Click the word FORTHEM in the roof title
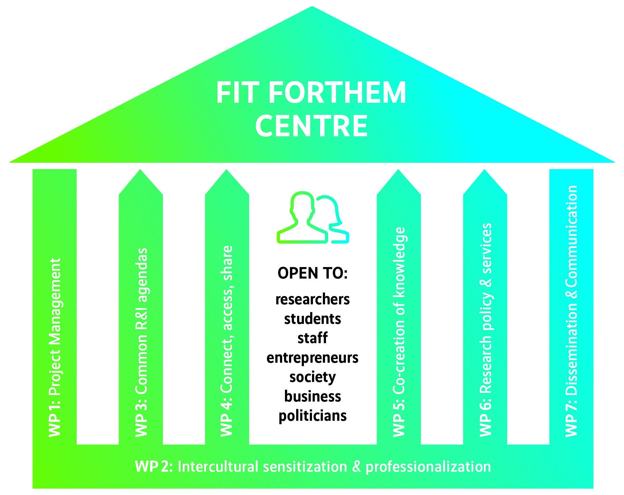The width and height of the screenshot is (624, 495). [x=337, y=93]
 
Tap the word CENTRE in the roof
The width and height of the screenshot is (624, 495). [x=312, y=126]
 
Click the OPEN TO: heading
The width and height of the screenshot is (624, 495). [x=312, y=273]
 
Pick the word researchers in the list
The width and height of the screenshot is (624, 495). [x=312, y=299]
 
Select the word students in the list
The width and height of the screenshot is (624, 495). [x=312, y=319]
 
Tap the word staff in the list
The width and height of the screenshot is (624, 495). [x=312, y=338]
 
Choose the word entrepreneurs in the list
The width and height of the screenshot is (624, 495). [x=312, y=358]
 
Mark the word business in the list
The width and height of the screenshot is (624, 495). [x=312, y=397]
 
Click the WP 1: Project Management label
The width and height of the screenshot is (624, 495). [x=55, y=347]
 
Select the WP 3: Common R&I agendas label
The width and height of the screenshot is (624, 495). [x=141, y=342]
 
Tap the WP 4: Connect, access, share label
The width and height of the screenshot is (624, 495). [x=227, y=341]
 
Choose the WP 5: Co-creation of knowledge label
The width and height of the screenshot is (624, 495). [x=399, y=332]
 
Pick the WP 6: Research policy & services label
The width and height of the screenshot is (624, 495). [x=485, y=330]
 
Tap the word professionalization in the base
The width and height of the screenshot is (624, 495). [x=428, y=467]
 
